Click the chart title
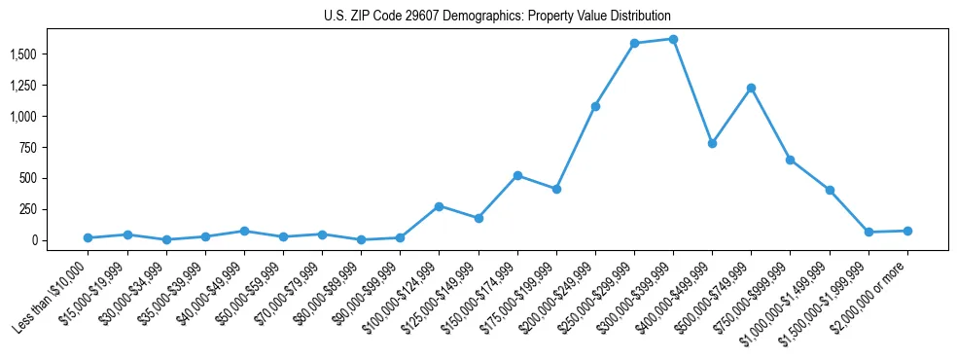click(497, 17)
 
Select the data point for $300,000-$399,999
click(673, 39)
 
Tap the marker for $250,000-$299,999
click(634, 43)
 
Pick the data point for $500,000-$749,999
click(751, 88)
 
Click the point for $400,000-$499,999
click(712, 143)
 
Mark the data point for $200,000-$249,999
click(595, 106)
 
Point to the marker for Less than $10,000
click(89, 237)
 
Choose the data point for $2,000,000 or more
click(907, 231)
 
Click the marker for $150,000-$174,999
click(517, 175)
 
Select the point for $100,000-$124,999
click(439, 206)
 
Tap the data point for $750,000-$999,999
click(790, 160)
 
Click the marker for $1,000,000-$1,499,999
click(830, 190)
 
